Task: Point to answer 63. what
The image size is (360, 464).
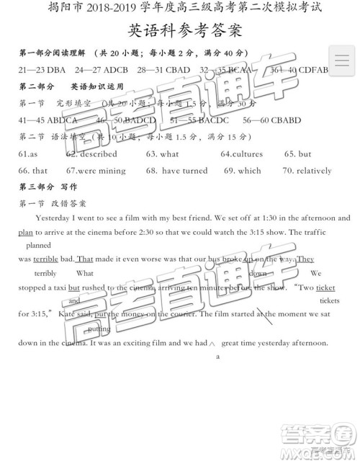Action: click(x=162, y=154)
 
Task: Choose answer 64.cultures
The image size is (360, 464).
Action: click(x=241, y=154)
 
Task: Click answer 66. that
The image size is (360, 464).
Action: click(x=33, y=171)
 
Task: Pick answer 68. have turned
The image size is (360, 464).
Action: click(x=176, y=171)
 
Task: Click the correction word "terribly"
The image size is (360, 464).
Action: click(x=45, y=273)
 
